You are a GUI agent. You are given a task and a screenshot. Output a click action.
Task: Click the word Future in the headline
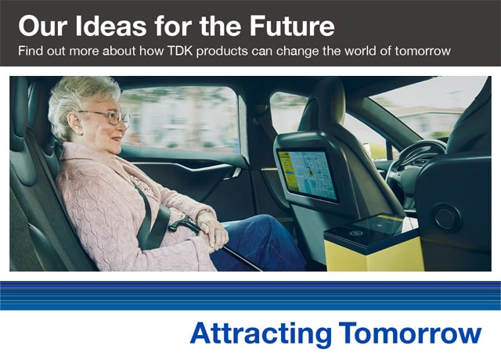[292, 26]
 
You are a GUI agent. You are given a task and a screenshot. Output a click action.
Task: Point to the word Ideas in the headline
[111, 26]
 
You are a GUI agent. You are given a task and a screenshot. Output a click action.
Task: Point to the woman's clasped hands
[212, 229]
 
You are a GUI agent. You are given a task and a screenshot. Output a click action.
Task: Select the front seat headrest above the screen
[319, 103]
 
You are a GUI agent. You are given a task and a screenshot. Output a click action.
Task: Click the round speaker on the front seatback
[447, 218]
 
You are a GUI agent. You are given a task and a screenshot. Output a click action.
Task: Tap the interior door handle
[233, 174]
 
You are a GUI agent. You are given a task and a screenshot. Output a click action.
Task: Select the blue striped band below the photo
[250, 296]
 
